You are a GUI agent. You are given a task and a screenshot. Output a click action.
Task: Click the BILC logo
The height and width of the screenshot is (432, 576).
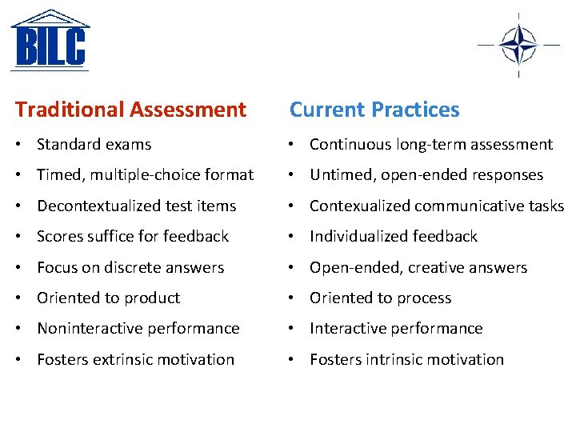click(50, 40)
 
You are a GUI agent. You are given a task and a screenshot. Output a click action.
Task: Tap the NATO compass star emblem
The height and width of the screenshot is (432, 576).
click(518, 43)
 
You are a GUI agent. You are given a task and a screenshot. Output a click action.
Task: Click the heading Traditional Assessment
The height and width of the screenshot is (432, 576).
click(130, 110)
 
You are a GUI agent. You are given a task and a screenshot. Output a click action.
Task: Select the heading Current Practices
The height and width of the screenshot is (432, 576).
click(374, 110)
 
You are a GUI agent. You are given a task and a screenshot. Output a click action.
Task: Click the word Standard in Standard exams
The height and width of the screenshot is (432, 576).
click(65, 145)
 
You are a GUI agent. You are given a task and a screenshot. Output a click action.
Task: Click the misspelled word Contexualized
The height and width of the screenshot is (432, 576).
click(350, 206)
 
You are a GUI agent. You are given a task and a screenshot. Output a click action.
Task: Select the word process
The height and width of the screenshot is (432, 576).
click(423, 298)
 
